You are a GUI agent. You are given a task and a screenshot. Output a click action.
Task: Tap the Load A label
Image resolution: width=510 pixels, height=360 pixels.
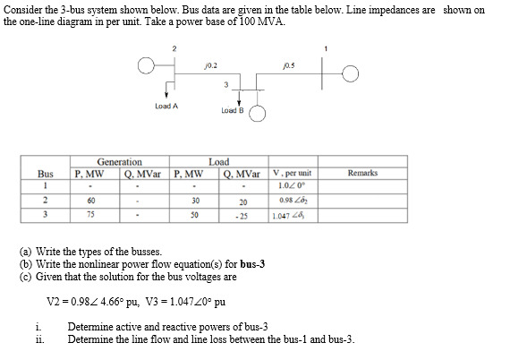[166, 106]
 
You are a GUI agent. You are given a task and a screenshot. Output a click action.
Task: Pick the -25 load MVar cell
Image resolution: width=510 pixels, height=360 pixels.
[240, 216]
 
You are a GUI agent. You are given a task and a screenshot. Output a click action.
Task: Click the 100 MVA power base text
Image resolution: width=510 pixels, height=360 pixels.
[265, 21]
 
